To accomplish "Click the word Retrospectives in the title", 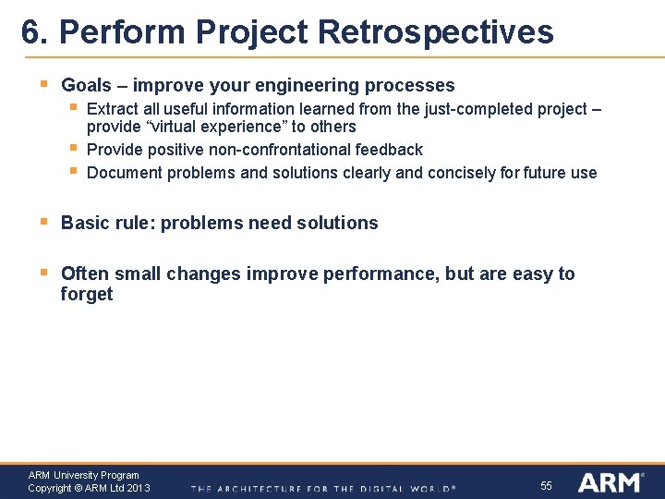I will click(x=434, y=32).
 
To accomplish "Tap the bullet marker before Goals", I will click(x=44, y=84).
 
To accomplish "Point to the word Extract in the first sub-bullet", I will click(x=113, y=109).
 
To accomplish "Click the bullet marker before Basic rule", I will click(x=44, y=222).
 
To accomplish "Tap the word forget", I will click(x=86, y=295).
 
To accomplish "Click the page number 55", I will click(x=546, y=485).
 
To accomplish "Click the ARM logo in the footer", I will click(x=610, y=482).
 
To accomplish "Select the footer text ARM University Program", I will click(x=83, y=475).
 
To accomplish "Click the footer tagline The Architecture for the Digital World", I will click(x=323, y=488).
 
